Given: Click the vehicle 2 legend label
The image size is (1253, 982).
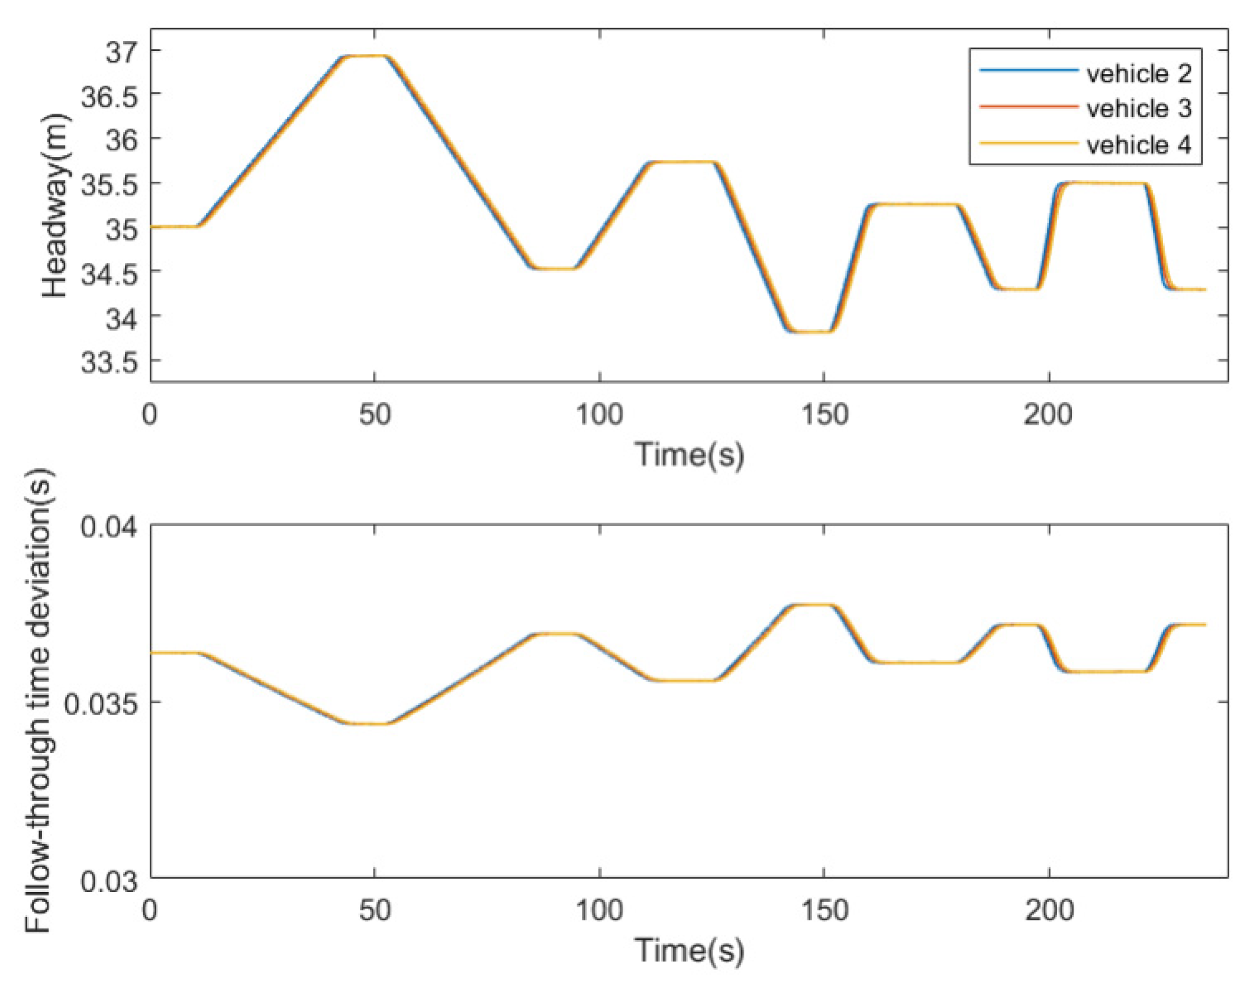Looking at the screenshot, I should pos(1139,73).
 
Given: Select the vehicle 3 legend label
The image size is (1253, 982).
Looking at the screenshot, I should pos(1139,109).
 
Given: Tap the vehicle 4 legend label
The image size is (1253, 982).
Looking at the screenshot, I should pos(1139,145).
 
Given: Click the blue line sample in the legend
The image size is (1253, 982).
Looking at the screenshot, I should pos(1028,71).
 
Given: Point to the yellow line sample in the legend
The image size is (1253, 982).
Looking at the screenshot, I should pos(1028,143).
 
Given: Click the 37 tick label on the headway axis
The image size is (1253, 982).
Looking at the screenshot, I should pos(121,53).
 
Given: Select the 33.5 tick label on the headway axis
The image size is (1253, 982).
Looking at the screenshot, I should pos(108,362).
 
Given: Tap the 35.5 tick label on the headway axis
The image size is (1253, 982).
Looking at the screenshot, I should pos(108,185).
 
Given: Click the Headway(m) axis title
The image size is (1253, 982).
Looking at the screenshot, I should pos(56,205).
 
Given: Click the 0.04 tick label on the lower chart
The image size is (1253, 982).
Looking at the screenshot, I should pos(108,526).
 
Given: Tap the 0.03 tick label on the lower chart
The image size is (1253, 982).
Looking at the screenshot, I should pos(108,881).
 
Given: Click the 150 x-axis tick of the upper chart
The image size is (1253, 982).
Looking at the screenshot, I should pos(824,414).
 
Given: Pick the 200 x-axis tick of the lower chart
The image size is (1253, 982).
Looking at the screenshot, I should pos(1049,910).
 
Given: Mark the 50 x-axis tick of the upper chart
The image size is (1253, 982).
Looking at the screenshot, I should pos(375,414).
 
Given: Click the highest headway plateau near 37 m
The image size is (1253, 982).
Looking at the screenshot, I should pos(367,56).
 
